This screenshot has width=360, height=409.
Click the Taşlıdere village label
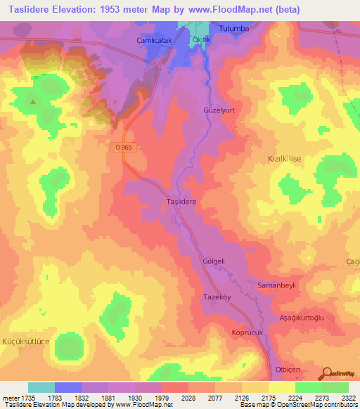(x=181, y=201)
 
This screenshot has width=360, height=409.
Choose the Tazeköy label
(x=209, y=297)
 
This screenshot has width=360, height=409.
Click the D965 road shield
(x=122, y=147)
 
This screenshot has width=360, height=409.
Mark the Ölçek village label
(x=202, y=40)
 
